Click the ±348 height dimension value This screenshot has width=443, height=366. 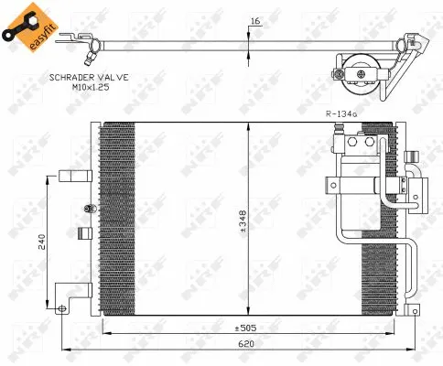pos(243,221)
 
